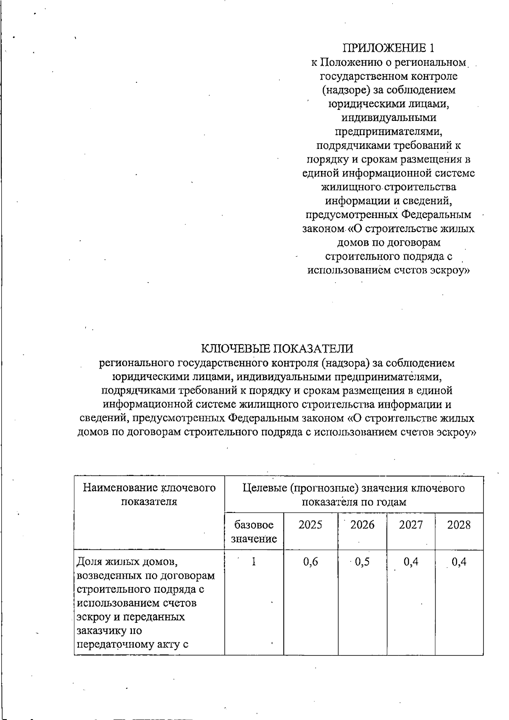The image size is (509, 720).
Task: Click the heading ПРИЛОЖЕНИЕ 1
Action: (389, 47)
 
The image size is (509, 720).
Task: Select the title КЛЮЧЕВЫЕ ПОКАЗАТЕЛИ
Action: (277, 349)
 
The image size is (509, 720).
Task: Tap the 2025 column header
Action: (310, 525)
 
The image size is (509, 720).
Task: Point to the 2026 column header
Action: (362, 525)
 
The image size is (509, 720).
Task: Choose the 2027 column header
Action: (411, 525)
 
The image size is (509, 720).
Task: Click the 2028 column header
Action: (459, 525)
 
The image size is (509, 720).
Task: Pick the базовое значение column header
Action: (254, 532)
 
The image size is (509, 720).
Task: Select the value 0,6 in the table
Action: (310, 562)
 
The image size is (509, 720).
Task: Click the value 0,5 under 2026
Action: (362, 562)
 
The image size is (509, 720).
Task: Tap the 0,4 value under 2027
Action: (411, 562)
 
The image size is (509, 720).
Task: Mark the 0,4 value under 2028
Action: (459, 562)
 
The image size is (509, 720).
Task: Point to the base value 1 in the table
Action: (254, 562)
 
